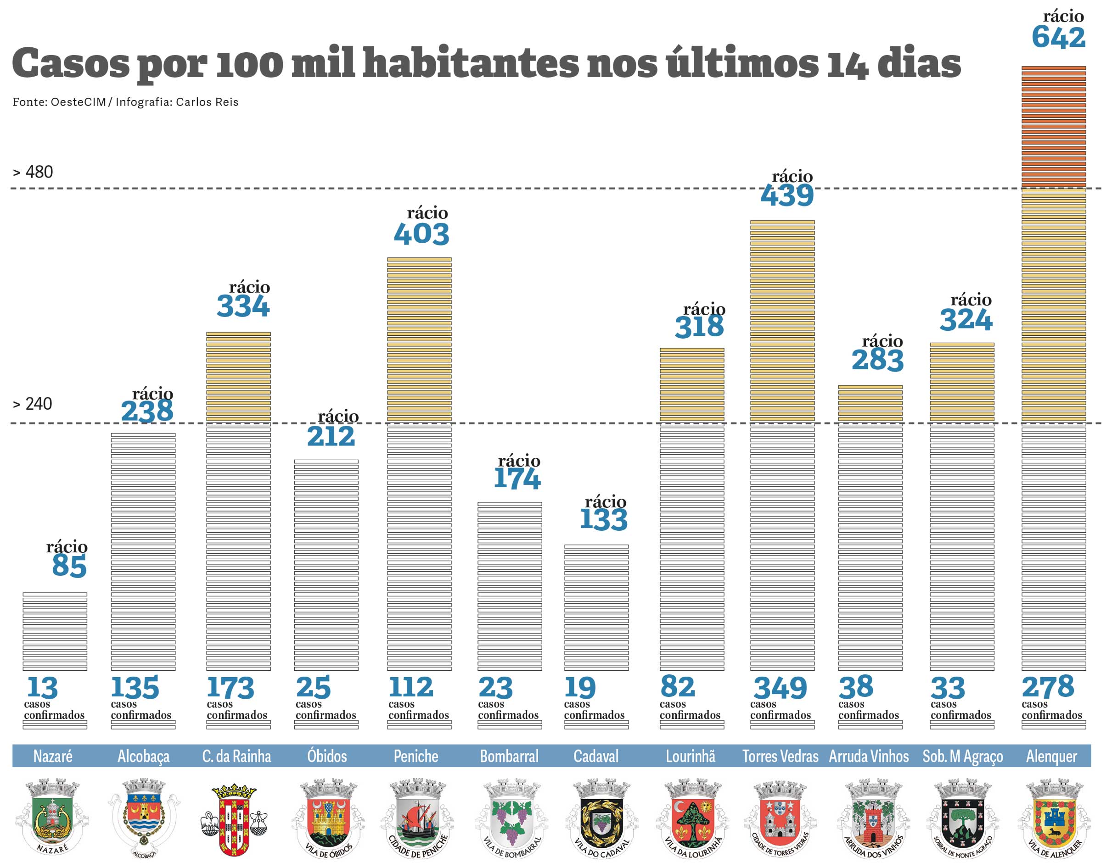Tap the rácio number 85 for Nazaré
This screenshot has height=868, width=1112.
pos(69,566)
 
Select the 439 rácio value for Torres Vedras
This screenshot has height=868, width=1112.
pos(787,195)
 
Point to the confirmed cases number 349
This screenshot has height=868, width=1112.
pos(780,688)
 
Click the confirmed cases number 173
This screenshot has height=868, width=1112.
pos(230,688)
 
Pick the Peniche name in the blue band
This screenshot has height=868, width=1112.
pos(416,757)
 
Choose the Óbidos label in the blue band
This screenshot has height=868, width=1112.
pos(327,757)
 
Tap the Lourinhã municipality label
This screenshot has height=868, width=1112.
pos(691,757)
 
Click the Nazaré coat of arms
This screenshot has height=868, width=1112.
pos(52,817)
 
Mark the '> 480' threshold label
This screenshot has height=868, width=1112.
pos(33,172)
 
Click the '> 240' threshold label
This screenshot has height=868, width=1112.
pos(33,404)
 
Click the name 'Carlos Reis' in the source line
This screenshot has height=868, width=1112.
pos(207,102)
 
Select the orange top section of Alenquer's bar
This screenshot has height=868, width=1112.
pos(1053,127)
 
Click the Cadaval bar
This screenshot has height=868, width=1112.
pos(596,607)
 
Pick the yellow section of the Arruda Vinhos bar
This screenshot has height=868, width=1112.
pos(870,403)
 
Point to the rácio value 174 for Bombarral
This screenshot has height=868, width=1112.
pos(517,479)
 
